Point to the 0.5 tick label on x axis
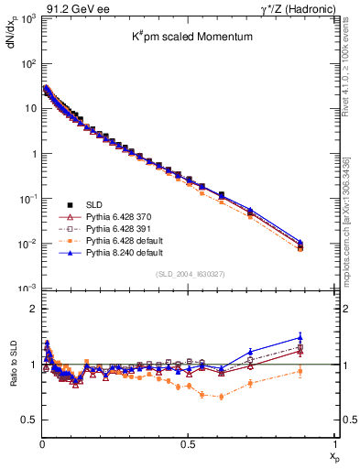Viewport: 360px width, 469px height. [188, 442]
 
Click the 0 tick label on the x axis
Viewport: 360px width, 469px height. [42, 442]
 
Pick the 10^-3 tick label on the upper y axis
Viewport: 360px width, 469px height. [27, 288]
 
